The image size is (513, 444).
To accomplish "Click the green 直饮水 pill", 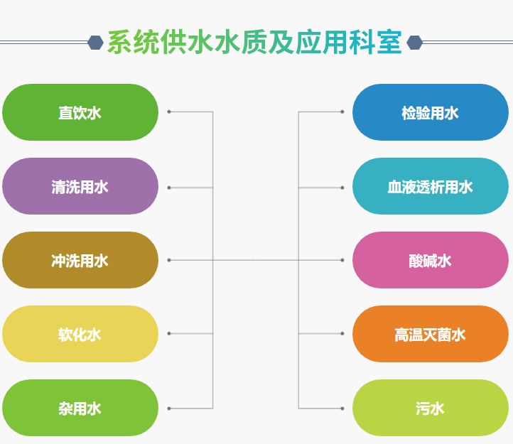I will tap(80, 112).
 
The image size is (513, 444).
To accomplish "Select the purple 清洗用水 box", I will tap(80, 186).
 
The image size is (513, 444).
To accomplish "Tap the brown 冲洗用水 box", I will tap(80, 260).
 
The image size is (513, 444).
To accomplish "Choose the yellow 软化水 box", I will tap(80, 334).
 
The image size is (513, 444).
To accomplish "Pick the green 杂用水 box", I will tap(80, 408).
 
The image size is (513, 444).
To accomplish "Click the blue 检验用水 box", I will tap(430, 112).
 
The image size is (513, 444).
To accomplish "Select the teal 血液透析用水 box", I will tap(430, 186).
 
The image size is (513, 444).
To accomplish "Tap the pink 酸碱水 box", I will tap(430, 260).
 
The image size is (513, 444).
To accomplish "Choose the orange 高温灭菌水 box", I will tap(430, 334).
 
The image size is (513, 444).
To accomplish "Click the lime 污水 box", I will tap(430, 408).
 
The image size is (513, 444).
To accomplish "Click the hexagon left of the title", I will tap(95, 43).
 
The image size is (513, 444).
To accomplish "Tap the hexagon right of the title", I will tap(414, 43).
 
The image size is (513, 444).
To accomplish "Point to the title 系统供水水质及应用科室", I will tap(254, 43).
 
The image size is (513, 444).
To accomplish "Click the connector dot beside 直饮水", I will tap(169, 112).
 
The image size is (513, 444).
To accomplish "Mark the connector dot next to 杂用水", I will tap(169, 408).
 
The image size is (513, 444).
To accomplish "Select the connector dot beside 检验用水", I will tap(342, 112).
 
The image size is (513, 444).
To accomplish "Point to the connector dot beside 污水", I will tap(342, 408).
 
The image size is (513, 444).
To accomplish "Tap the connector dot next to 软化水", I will tap(169, 333).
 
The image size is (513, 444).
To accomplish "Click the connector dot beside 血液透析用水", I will tap(342, 188).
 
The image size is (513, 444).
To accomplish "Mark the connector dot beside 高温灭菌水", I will tap(342, 333).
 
